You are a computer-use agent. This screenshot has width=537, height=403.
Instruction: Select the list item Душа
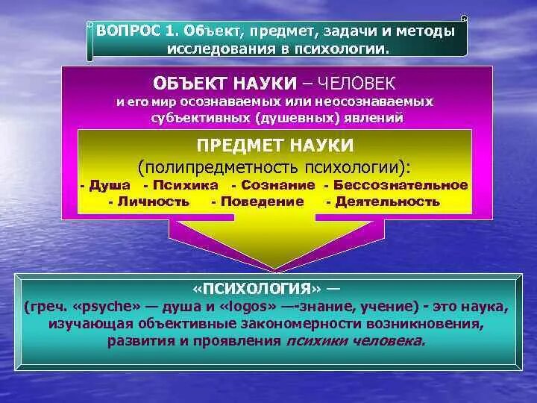(x=110, y=185)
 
